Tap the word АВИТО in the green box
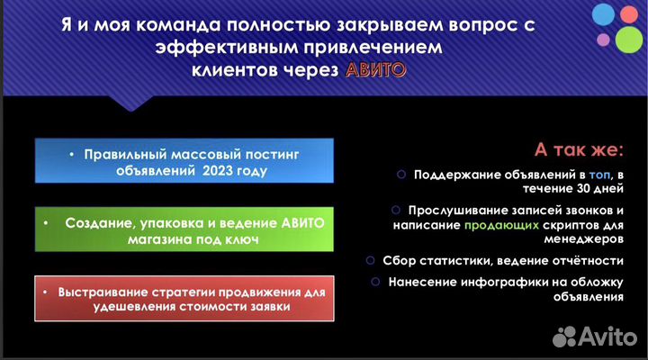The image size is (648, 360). [275, 221]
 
